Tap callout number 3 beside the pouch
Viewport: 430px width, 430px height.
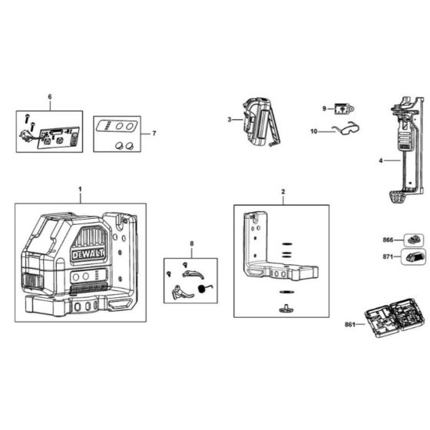pyautogui.click(x=230, y=120)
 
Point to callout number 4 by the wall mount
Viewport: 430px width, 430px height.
pyautogui.click(x=381, y=161)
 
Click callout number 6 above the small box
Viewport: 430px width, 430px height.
pyautogui.click(x=50, y=97)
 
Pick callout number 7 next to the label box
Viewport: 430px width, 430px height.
pyautogui.click(x=154, y=134)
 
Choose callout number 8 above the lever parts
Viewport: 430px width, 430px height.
pyautogui.click(x=191, y=244)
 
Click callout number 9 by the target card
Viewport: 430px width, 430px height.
pyautogui.click(x=324, y=108)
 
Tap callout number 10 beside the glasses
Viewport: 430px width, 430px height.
pyautogui.click(x=313, y=131)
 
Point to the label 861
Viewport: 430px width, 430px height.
pyautogui.click(x=350, y=326)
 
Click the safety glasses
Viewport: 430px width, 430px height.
pyautogui.click(x=337, y=131)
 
